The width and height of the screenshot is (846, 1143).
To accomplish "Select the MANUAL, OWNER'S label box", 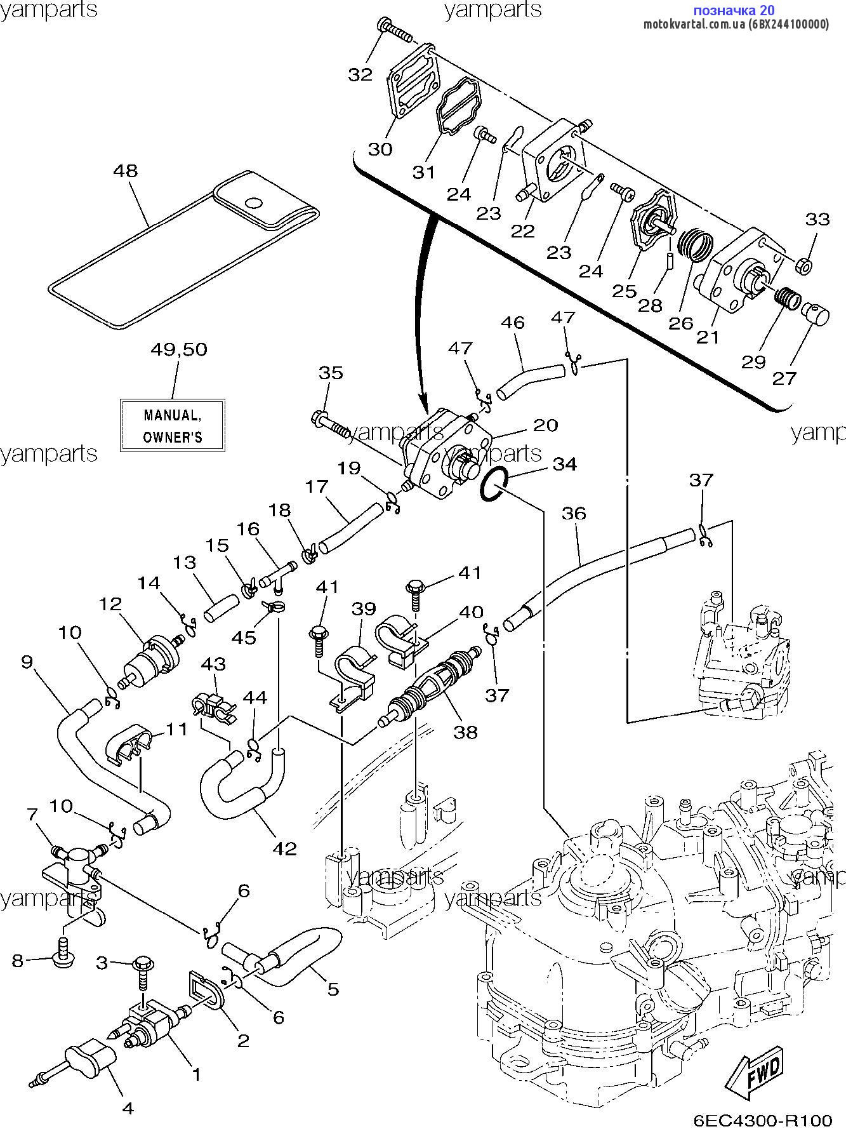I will point(173,425).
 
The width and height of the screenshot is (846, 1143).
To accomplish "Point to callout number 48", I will point(125,171).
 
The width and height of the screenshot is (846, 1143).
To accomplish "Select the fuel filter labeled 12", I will point(151,661).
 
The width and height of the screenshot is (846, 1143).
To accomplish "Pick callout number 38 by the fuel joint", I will point(465,732).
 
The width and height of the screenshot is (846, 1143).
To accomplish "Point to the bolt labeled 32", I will point(393,28).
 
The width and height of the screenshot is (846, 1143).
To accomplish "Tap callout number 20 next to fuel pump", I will point(545,425).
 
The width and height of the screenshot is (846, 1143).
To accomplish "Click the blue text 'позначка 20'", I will point(733,10).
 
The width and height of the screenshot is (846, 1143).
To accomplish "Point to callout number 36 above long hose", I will point(574,513).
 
